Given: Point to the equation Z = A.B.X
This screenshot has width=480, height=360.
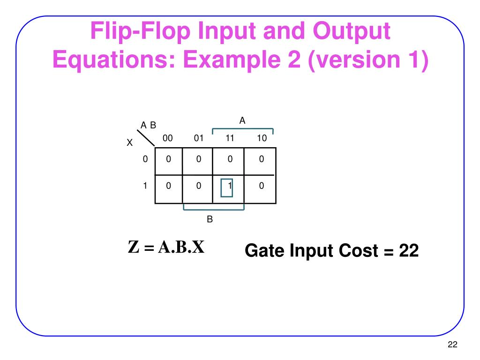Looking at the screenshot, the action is [166, 247].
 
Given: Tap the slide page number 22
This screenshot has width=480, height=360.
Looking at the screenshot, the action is [452, 345].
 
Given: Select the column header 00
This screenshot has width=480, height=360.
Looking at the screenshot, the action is [168, 138].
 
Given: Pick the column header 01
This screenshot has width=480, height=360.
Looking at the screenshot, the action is [199, 138].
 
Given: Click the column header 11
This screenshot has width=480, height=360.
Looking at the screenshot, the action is [230, 138].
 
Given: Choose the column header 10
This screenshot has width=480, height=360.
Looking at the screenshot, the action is [262, 138].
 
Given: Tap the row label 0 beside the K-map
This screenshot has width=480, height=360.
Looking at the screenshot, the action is [145, 159].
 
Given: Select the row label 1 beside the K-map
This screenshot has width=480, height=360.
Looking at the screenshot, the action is [145, 186].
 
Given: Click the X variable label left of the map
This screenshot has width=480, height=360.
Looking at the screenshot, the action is [130, 143].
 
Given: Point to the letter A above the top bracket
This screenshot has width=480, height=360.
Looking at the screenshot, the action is [242, 121].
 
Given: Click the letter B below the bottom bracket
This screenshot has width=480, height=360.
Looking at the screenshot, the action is [210, 219].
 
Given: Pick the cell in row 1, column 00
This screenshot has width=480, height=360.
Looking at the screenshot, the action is [168, 186].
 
